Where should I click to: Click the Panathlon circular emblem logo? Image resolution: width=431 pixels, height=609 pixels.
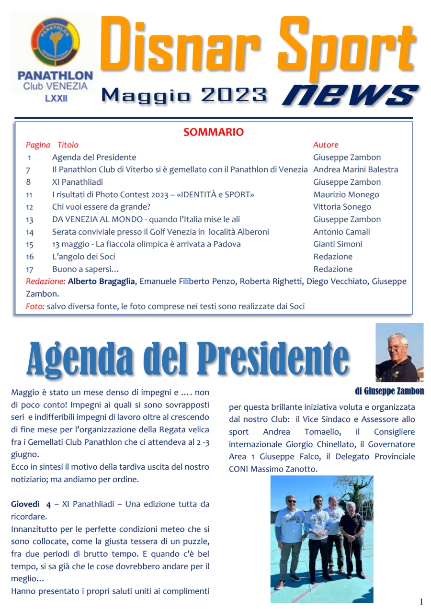[x=55, y=42]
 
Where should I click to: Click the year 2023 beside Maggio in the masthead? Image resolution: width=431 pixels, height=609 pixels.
[x=234, y=95]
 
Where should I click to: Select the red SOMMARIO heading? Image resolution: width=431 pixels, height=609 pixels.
[x=214, y=132]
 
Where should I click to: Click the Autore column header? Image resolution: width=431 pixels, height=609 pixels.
[x=326, y=145]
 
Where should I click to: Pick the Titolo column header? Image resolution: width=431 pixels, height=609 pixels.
[x=68, y=145]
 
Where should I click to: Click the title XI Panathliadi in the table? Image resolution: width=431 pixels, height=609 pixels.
[x=78, y=182]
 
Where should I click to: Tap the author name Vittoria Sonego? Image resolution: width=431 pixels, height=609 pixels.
[x=342, y=207]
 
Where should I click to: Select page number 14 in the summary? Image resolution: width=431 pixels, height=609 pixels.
[x=30, y=232]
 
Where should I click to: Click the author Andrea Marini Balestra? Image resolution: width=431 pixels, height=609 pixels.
[x=355, y=169]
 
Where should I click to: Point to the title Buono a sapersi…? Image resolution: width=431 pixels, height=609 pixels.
[x=85, y=269]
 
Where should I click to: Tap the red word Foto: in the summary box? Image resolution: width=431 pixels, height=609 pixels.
[x=35, y=306]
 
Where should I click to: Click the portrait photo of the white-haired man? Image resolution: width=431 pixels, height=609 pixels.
[x=399, y=352]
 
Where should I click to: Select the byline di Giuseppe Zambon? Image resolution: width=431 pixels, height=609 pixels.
[x=389, y=391]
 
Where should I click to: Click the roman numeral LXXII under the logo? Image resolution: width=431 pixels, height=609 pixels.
[x=55, y=98]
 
